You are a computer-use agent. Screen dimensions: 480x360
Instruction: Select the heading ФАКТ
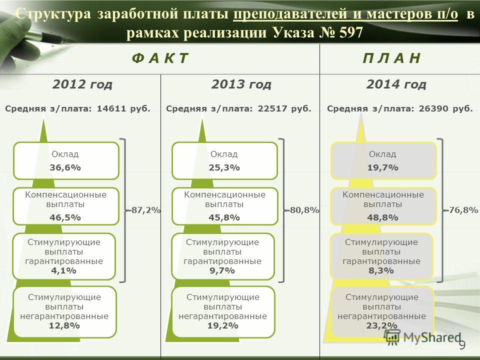(x=160, y=58)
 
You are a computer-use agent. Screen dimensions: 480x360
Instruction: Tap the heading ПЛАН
(x=391, y=58)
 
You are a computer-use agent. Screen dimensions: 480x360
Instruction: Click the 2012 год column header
(x=82, y=84)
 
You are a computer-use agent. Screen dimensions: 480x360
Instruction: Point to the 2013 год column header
(x=241, y=84)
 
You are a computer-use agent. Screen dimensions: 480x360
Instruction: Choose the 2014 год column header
(x=396, y=84)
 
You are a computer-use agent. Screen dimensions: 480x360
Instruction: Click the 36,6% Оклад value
(x=65, y=167)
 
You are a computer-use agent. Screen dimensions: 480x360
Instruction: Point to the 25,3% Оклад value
(x=224, y=167)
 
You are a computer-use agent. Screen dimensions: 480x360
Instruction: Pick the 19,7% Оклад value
(x=382, y=167)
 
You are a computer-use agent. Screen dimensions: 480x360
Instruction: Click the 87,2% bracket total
(x=145, y=210)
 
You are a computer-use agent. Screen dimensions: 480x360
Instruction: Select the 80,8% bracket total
(x=304, y=210)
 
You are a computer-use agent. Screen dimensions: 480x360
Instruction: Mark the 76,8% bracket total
(x=463, y=210)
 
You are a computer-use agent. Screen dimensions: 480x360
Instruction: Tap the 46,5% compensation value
(x=65, y=217)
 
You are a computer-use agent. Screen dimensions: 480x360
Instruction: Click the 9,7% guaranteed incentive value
(x=222, y=270)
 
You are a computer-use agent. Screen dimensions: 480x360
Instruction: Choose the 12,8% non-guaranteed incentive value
(x=64, y=325)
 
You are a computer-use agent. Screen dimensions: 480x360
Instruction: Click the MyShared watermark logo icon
(x=392, y=337)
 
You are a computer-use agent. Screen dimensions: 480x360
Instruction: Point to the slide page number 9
(x=462, y=344)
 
